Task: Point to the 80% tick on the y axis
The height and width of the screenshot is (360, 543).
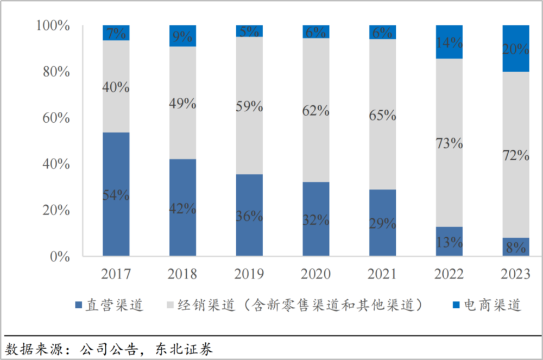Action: click(x=53, y=72)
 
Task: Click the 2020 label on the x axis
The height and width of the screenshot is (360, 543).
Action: click(x=316, y=274)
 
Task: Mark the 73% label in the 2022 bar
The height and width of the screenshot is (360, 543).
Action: click(x=449, y=144)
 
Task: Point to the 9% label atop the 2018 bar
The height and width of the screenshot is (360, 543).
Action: click(x=182, y=36)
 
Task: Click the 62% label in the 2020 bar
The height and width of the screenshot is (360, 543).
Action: click(x=316, y=111)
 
